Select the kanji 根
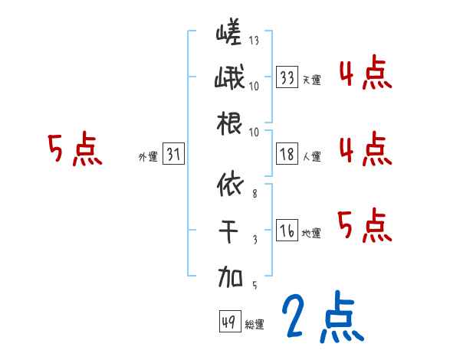pos(228,123)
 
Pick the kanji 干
pos(228,229)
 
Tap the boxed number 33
pos(287,77)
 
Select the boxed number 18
pos(287,155)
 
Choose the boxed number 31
pos(173,155)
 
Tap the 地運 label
pos(311,233)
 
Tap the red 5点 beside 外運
pos(74,150)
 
